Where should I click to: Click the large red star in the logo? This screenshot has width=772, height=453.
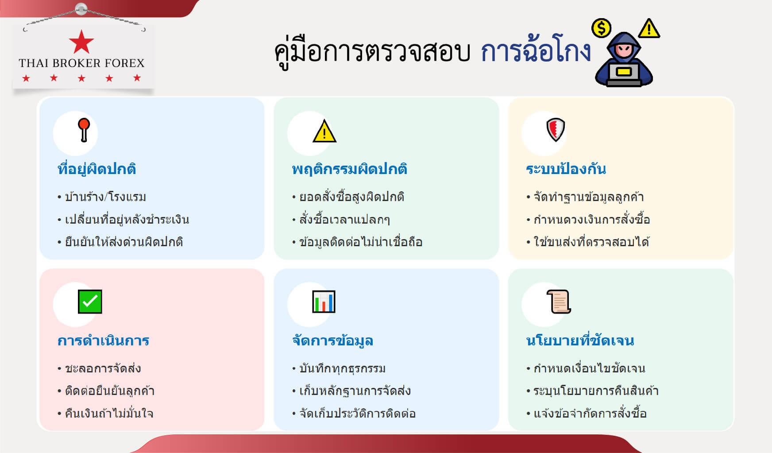81,42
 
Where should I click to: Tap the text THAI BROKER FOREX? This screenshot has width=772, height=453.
82,63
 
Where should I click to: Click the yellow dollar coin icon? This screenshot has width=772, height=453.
601,28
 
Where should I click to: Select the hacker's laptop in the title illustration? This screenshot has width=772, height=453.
624,74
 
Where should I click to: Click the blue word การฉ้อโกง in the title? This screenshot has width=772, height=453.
536,50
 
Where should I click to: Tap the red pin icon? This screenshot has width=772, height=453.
84,130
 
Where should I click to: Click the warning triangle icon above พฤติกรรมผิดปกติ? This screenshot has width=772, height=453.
324,131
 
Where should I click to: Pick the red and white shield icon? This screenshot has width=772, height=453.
556,130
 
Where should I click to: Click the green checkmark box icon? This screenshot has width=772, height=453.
90,302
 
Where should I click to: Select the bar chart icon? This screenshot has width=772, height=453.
324,302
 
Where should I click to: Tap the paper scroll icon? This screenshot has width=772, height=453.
558,302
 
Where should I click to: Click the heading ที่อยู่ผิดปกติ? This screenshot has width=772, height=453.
97,169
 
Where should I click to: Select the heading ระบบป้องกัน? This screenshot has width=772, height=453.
566,169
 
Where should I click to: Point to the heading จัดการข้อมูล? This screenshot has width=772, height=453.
332,341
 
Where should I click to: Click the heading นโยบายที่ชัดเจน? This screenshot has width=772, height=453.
580,341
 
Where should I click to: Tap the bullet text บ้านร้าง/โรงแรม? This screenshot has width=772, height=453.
105,197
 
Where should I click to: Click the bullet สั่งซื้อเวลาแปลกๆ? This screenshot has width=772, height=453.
344,220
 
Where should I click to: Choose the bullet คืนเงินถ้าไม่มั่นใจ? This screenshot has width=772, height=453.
109,414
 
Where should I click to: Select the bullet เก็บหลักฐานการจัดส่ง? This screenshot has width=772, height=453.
355,391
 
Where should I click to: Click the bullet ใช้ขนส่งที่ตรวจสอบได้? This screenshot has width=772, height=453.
592,242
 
